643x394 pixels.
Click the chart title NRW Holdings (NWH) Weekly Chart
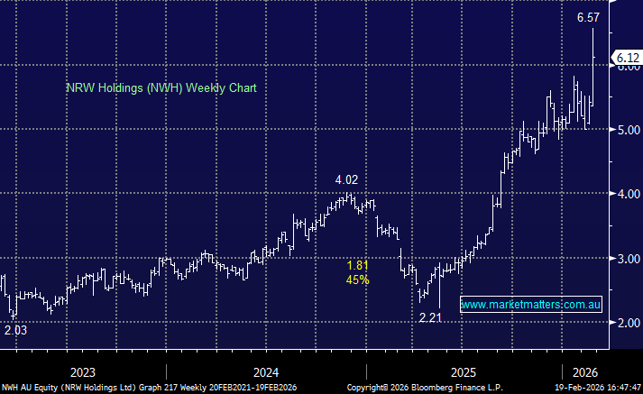pos(161,88)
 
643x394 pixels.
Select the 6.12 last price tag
pos(624,58)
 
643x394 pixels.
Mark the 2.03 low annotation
pos(16,331)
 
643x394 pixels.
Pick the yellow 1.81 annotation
pos(358,265)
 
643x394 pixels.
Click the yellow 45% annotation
pos(358,279)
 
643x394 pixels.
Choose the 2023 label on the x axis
pos(83,371)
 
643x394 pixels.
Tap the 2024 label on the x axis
pos(266,371)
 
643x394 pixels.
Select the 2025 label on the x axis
pos(464,371)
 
